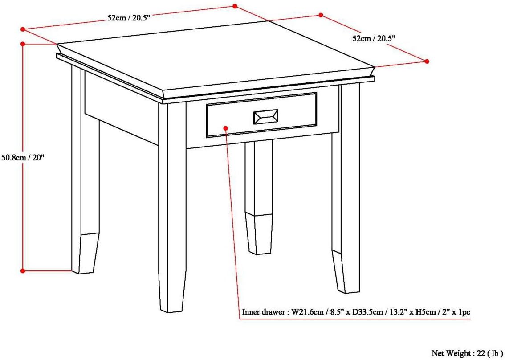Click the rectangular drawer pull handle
266,117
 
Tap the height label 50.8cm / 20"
23,159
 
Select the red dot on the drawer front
226,128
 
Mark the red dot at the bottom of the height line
23,271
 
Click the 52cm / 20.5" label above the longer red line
129,18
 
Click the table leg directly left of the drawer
172,206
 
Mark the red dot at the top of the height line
23,44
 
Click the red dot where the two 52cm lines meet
235,6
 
